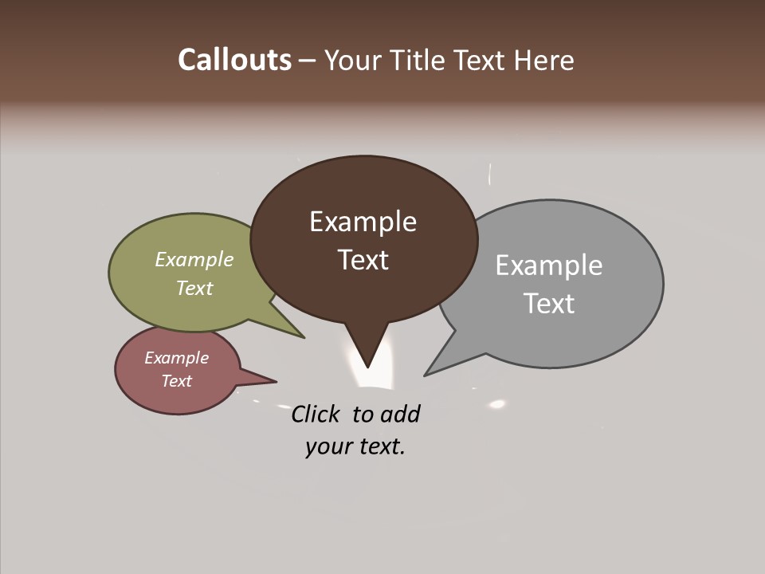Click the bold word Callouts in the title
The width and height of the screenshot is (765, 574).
click(234, 60)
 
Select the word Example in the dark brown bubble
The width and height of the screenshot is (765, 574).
click(363, 222)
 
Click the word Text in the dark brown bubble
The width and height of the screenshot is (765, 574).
click(363, 260)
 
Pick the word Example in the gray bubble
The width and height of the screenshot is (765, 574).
click(548, 265)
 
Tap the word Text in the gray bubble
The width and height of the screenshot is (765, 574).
click(549, 304)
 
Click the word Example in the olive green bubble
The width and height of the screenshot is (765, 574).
click(194, 259)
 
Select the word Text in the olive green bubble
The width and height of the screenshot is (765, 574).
click(194, 288)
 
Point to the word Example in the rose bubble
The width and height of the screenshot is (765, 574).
click(176, 358)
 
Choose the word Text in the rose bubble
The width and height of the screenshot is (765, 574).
click(176, 381)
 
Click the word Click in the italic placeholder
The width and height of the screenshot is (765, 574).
click(315, 414)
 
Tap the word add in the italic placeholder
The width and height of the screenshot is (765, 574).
click(399, 414)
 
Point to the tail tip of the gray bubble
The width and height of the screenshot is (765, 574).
click(426, 375)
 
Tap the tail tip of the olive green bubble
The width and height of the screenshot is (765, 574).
click(304, 337)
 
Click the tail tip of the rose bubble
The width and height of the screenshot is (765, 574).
click(275, 381)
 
